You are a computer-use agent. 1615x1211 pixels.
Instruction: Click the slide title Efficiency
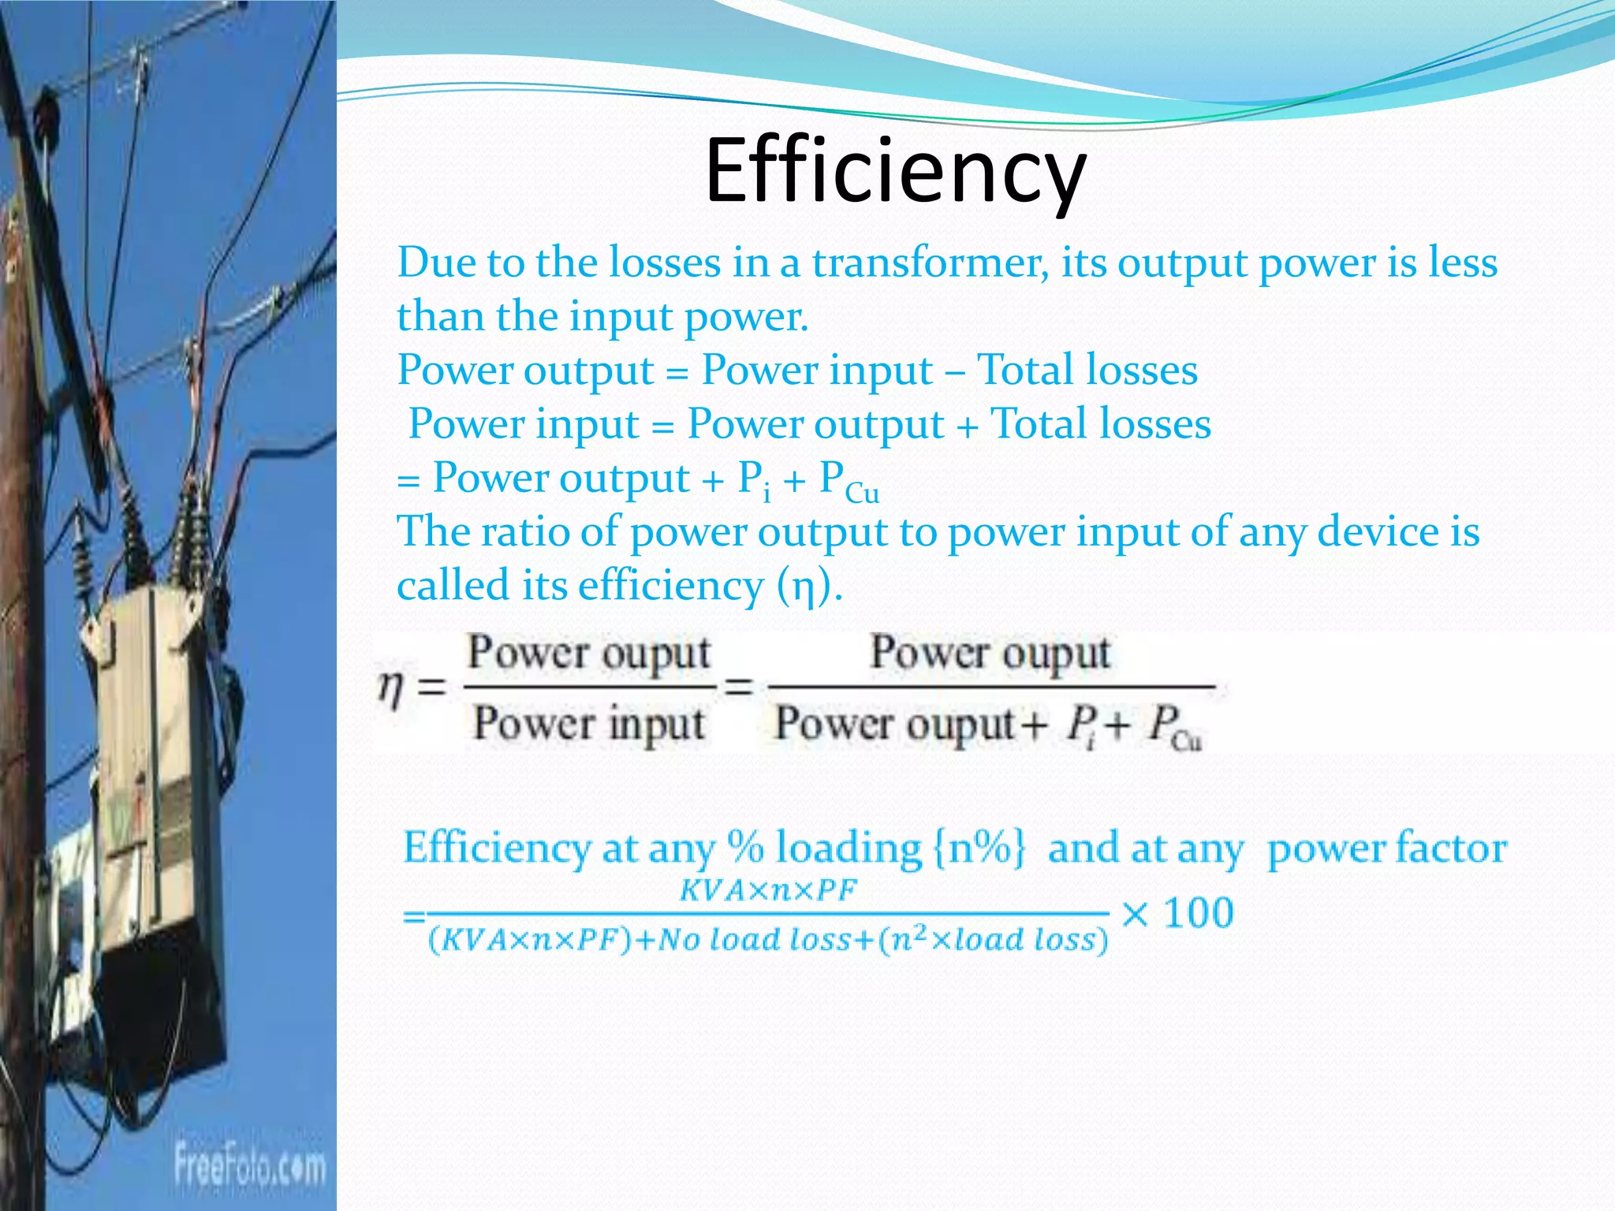point(896,172)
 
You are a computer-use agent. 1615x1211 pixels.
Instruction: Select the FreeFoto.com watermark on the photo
point(249,1165)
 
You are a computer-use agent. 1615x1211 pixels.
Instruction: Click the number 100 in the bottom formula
point(1199,914)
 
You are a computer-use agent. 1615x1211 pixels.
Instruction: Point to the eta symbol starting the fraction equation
point(391,687)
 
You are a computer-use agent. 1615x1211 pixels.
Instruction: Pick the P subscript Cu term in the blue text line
point(849,481)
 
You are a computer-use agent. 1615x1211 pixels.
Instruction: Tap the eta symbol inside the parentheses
point(803,587)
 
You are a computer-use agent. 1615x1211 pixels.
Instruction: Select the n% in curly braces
point(979,848)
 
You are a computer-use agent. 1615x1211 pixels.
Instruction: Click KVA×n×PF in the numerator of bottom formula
point(767,891)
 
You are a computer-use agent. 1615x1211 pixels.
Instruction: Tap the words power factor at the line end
point(1386,848)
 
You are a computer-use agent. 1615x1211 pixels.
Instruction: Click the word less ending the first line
point(1463,263)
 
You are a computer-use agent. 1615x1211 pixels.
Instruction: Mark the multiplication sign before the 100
point(1135,915)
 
